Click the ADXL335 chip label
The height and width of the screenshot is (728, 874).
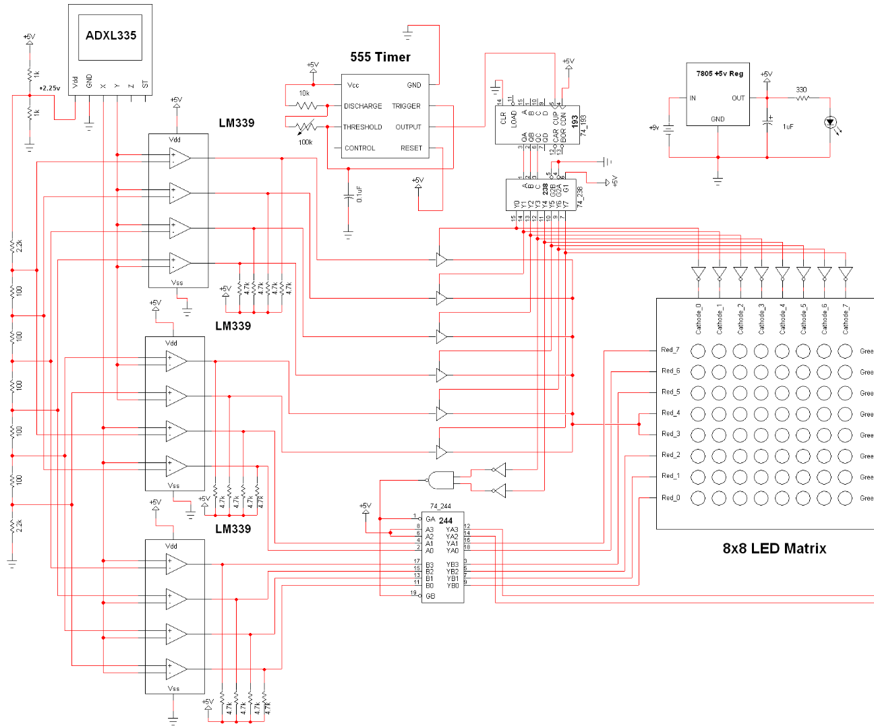pyautogui.click(x=111, y=36)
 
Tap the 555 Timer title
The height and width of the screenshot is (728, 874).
pyautogui.click(x=380, y=57)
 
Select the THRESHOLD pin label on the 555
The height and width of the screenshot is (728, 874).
pyautogui.click(x=363, y=127)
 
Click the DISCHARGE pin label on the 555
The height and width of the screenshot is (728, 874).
pyautogui.click(x=363, y=106)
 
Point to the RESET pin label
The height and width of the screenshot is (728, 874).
pyautogui.click(x=411, y=148)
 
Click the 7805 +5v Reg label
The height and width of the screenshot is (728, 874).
pyautogui.click(x=720, y=73)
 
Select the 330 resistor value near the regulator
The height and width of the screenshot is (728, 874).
pyautogui.click(x=801, y=90)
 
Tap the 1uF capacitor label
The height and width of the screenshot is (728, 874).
pyautogui.click(x=788, y=127)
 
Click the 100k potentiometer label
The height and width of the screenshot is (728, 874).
pyautogui.click(x=305, y=142)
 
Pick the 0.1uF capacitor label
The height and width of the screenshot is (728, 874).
pyautogui.click(x=359, y=195)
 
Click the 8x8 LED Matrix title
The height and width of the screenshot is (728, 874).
pyautogui.click(x=774, y=549)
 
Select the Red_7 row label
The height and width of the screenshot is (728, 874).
pyautogui.click(x=670, y=350)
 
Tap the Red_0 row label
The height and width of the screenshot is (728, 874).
pyautogui.click(x=670, y=497)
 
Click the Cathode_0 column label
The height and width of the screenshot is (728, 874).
pyautogui.click(x=699, y=318)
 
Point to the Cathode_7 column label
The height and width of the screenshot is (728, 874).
pyautogui.click(x=846, y=318)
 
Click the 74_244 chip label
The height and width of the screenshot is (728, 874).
pyautogui.click(x=440, y=506)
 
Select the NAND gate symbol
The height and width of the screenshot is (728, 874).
pyautogui.click(x=440, y=480)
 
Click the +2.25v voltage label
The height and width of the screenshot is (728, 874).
pyautogui.click(x=50, y=88)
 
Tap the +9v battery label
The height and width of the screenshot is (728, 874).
pyautogui.click(x=653, y=127)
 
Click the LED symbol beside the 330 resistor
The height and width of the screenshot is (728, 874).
pyautogui.click(x=830, y=123)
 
